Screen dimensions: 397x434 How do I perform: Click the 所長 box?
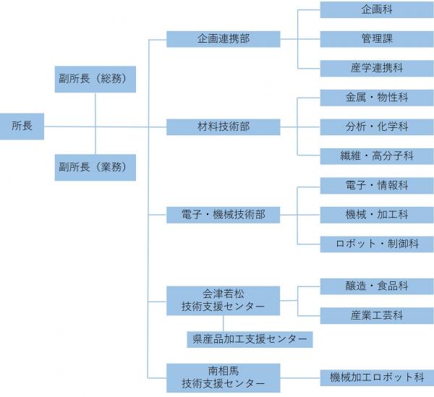tap(22, 127)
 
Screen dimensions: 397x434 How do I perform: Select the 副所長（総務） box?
tap(95, 79)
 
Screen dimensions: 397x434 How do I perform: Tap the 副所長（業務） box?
tap(95, 167)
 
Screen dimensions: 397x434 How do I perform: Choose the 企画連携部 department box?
tap(224, 38)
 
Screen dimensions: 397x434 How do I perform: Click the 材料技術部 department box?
tap(224, 127)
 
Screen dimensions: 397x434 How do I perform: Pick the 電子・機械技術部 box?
tap(224, 215)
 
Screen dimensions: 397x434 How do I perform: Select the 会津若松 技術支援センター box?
tap(224, 301)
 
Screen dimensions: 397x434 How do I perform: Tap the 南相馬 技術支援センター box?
tap(224, 377)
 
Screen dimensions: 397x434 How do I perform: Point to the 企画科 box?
tap(376, 10)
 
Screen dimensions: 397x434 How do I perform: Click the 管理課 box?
tap(376, 39)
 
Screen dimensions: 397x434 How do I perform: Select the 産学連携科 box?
tap(376, 68)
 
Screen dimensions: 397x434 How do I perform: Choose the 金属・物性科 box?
tap(376, 98)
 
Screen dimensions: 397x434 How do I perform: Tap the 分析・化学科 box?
tap(376, 127)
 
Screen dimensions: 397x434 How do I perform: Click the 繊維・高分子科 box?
tap(376, 155)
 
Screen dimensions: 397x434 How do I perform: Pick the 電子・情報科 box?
tap(376, 186)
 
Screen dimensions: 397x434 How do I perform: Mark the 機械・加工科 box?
tap(376, 215)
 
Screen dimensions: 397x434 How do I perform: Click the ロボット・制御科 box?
tap(376, 244)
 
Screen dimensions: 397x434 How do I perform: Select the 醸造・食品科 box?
tap(376, 286)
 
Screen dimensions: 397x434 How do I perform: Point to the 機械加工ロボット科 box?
tap(376, 377)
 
